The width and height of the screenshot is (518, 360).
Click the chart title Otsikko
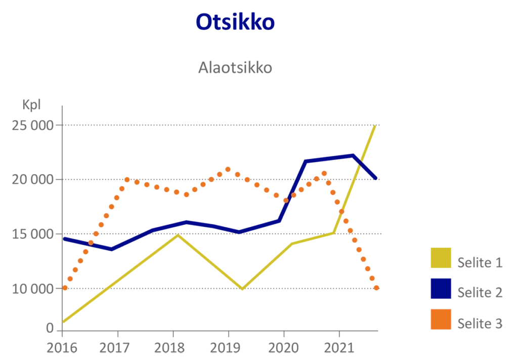235,23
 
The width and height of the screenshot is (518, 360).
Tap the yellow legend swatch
441,259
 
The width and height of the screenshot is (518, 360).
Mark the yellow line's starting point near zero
65,321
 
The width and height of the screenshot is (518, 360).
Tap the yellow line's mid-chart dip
243,289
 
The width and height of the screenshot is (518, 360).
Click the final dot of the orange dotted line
376,288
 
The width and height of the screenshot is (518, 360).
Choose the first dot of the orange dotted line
66,288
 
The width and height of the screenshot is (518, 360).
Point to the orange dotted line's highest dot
228,169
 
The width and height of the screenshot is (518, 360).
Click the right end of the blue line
377,178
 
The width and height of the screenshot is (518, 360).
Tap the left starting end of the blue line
65,238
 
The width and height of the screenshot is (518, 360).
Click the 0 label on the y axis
50,327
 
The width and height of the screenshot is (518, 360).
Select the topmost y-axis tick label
31,126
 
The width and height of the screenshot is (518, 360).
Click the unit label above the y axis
30,106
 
